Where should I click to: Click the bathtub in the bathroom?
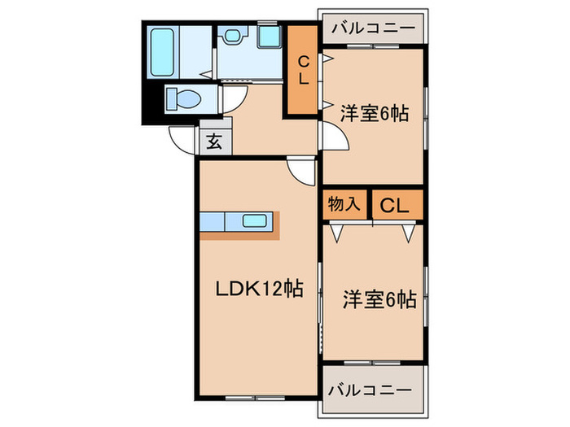tap(163, 51)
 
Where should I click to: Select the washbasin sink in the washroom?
tap(235, 37)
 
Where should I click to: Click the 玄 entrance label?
tap(213, 141)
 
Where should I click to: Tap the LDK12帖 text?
tap(259, 288)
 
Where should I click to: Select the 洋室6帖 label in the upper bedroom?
tap(374, 115)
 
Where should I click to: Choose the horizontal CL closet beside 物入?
tap(396, 204)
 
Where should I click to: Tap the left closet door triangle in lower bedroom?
tap(336, 233)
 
